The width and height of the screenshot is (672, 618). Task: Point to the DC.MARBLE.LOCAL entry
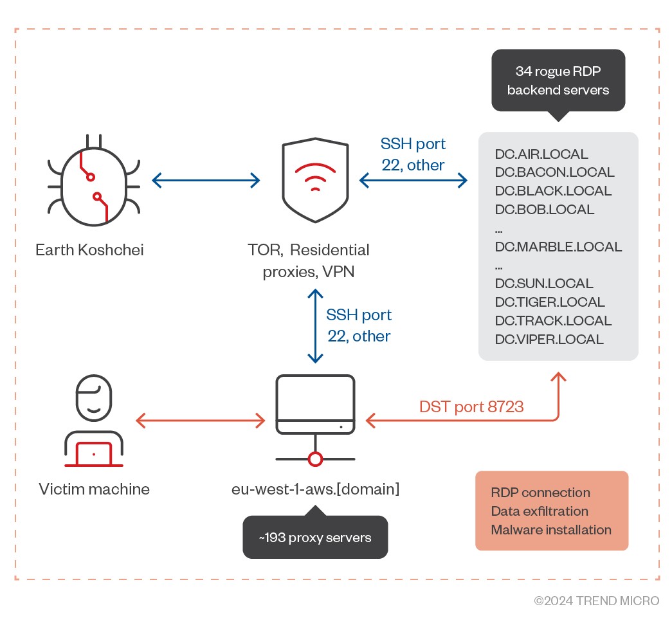point(558,247)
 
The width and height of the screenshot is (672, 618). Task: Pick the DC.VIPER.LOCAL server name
point(549,340)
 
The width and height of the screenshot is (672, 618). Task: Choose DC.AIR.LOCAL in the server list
point(541,154)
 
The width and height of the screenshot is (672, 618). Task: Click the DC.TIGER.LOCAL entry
point(550,302)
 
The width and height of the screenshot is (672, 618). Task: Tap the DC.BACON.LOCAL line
point(554,172)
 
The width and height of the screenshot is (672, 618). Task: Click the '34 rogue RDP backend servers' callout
point(558,80)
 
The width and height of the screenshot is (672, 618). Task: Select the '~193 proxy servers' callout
point(315,537)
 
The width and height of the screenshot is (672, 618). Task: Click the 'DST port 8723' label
point(471,406)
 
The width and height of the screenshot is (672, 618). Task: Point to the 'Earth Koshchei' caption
point(89,250)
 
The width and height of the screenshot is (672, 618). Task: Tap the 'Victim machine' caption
point(94,489)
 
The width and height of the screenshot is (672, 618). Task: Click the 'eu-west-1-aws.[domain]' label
point(315,489)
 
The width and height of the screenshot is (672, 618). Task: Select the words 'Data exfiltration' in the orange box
point(540,511)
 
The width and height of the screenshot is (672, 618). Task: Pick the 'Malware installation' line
point(551,530)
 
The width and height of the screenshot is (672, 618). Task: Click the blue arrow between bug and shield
point(205,181)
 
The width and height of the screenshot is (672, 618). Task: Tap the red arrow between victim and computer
point(201,421)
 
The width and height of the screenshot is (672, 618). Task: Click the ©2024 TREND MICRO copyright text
point(597,601)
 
